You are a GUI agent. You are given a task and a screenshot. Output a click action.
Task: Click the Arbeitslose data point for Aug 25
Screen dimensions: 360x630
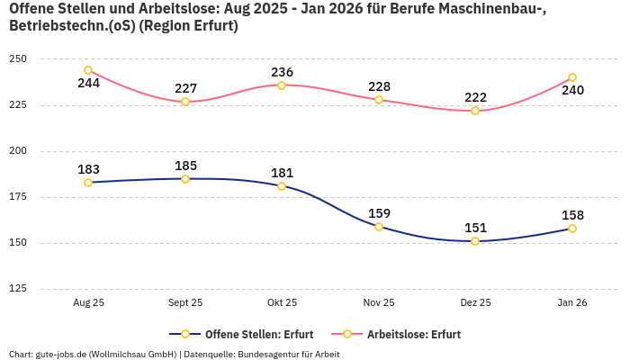(88, 70)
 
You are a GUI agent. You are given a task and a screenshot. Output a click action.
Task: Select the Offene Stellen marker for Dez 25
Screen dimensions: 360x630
(475, 241)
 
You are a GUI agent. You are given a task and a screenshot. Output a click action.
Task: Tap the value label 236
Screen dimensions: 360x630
(282, 72)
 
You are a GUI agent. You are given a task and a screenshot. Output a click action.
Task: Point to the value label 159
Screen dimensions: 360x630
(379, 213)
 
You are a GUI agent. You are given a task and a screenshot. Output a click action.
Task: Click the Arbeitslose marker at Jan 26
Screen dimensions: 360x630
(572, 77)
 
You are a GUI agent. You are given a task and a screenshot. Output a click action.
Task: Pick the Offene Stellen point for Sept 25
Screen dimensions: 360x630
(185, 179)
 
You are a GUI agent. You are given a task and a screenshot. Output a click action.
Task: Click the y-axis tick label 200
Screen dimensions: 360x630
(18, 150)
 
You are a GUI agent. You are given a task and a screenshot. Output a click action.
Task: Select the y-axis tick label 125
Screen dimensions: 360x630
(18, 289)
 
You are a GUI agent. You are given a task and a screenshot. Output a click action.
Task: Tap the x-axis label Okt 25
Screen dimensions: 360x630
(282, 303)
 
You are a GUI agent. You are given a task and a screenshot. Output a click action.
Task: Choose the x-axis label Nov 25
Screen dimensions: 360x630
(379, 303)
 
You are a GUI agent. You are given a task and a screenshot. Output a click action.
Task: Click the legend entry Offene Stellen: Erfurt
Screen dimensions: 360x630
(234, 334)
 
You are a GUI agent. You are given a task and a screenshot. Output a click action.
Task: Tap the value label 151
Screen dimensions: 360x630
(475, 228)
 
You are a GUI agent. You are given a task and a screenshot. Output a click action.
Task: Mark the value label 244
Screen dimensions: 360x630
(88, 84)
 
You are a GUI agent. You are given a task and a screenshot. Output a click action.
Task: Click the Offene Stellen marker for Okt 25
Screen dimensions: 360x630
(282, 186)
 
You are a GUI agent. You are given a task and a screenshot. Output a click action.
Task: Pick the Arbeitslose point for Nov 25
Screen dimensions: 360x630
(379, 100)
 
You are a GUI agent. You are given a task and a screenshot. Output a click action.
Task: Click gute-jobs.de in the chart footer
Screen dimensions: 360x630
(63, 354)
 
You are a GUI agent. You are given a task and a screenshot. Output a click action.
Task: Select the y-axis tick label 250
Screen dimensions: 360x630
(18, 58)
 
